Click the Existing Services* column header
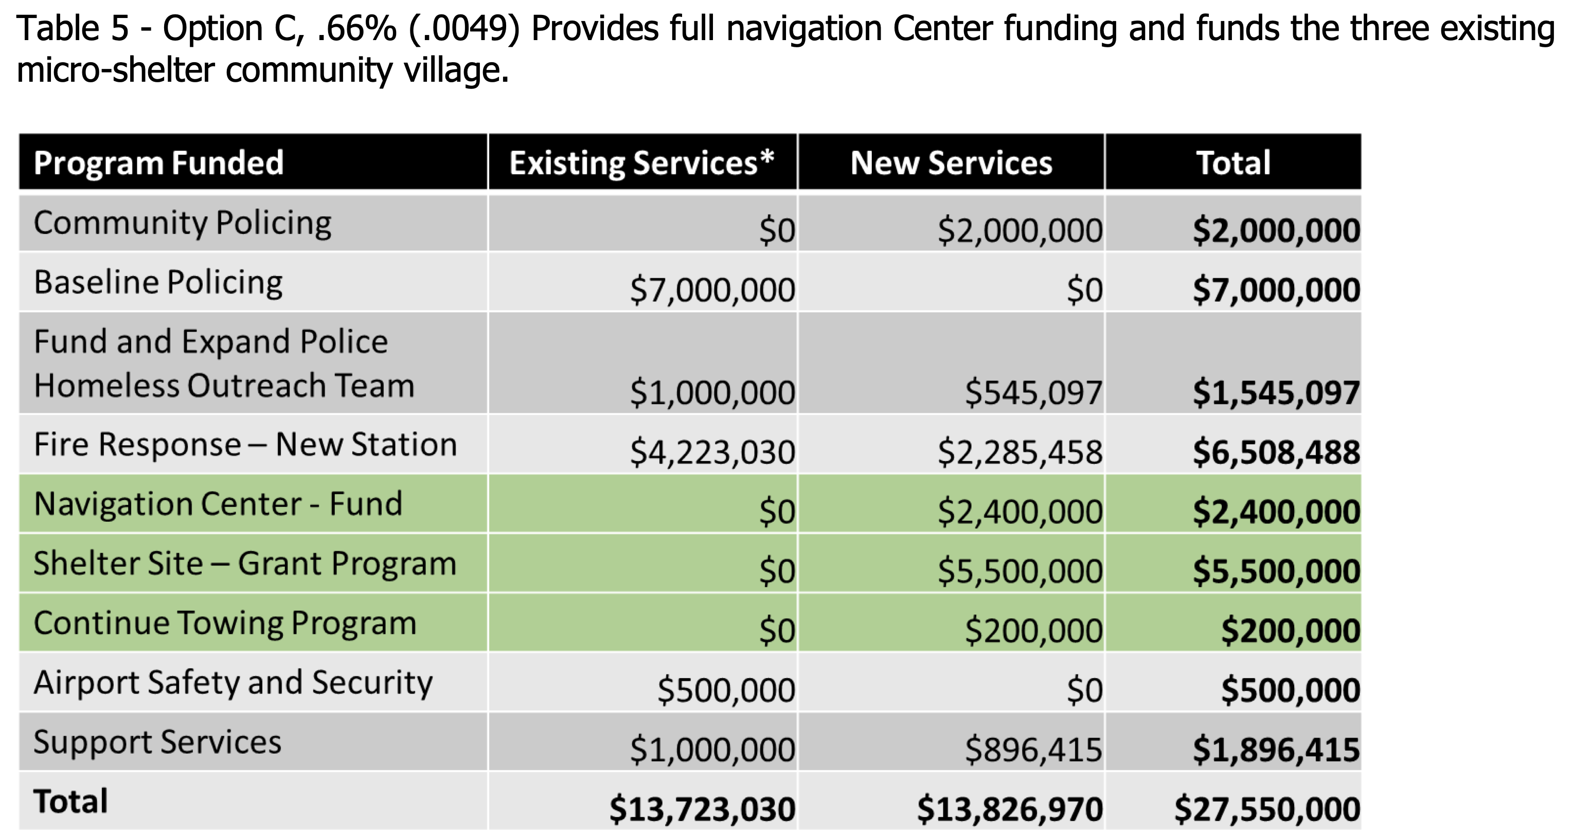[x=642, y=163]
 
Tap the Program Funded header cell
[x=159, y=163]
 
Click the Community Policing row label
[x=183, y=223]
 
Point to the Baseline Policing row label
[x=158, y=283]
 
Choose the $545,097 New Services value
[x=1033, y=392]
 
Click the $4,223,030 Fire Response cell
[x=712, y=452]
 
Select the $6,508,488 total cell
[x=1276, y=452]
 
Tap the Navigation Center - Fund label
[x=218, y=504]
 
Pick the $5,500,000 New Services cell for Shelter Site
[x=1020, y=571]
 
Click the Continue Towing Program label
[x=225, y=623]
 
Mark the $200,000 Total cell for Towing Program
[x=1290, y=630]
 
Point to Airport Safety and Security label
[x=233, y=683]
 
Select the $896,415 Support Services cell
[x=1033, y=750]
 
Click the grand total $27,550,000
[x=1266, y=809]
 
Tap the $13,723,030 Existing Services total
[x=702, y=809]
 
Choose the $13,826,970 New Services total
[x=1009, y=809]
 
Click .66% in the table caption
[x=356, y=29]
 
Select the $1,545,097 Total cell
[x=1276, y=392]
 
